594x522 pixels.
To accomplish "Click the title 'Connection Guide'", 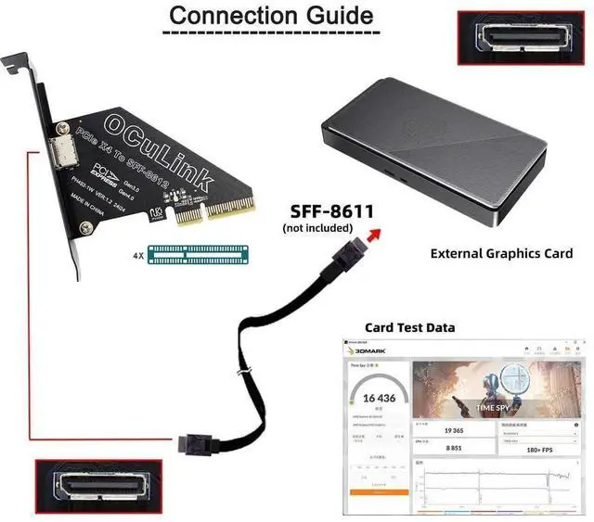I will [x=271, y=16].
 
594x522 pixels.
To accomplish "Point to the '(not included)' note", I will [x=317, y=227].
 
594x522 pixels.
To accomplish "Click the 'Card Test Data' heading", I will [x=409, y=327].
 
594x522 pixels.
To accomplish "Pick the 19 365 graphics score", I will [x=428, y=431].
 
